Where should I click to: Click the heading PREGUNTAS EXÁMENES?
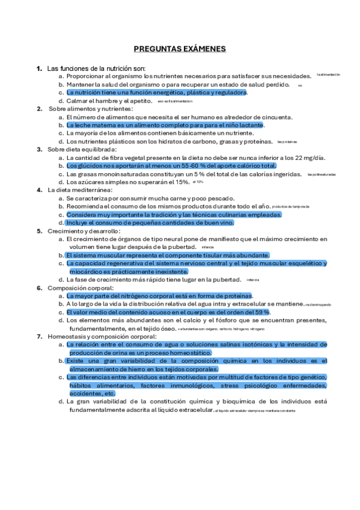tap(179, 49)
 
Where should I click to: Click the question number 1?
tap(39, 68)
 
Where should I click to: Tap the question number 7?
tap(39, 336)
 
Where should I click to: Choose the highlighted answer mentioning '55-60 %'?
tap(171, 165)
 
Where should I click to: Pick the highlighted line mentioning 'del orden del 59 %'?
tap(168, 312)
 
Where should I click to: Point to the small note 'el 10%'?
tap(198, 181)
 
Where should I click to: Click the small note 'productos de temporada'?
tap(291, 206)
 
